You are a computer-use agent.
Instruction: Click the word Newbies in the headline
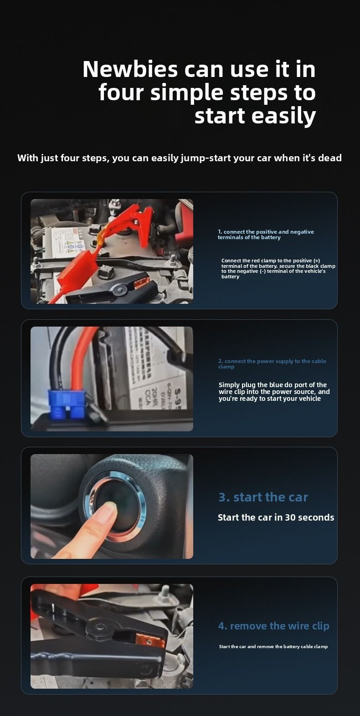130,69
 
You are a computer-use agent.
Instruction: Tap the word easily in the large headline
283,116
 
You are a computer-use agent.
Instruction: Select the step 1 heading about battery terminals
266,234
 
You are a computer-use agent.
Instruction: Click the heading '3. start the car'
263,497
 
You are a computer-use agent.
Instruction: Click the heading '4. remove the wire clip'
274,625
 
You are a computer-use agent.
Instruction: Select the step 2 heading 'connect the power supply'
272,364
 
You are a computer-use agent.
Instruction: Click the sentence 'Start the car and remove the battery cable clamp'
273,646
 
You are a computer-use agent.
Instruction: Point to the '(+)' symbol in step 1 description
317,261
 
